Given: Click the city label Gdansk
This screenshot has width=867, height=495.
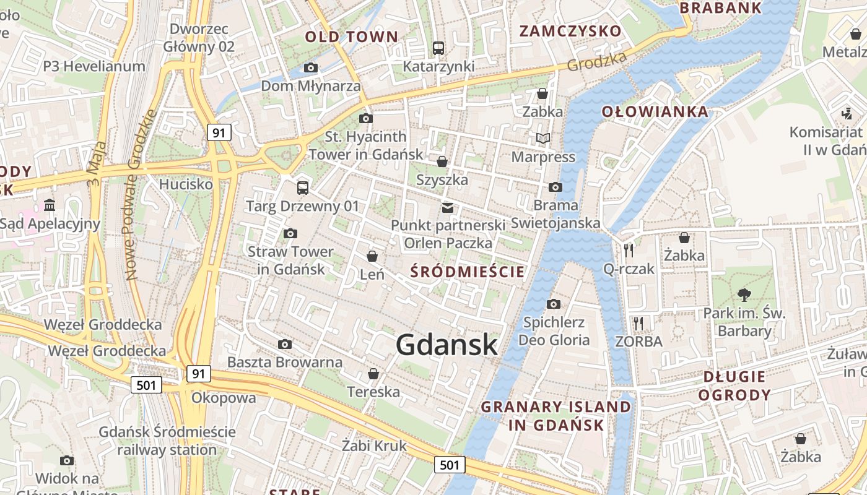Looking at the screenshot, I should tap(447, 345).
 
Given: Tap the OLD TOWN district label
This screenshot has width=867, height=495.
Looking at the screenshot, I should tap(351, 37).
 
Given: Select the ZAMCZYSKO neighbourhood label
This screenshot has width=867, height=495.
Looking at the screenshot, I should tap(570, 31).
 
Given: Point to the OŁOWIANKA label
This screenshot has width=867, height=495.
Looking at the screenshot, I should tap(655, 111).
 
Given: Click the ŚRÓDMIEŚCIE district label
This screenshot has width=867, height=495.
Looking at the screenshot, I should tap(468, 272).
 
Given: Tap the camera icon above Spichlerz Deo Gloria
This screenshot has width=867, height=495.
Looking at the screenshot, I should tap(554, 304).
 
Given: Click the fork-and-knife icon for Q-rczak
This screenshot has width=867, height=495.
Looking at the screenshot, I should tap(629, 250).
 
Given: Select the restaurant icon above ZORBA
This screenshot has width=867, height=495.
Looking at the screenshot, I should tap(638, 323).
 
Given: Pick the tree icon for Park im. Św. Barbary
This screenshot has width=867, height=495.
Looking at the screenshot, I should tap(744, 295).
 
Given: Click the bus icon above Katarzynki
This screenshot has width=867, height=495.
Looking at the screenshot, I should tap(438, 48).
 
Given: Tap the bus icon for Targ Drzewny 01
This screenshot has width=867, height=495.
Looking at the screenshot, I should tap(302, 187).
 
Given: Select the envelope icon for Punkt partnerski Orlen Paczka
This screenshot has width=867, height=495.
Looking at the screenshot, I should tap(447, 207).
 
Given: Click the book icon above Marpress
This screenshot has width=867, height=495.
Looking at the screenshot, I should tap(543, 139).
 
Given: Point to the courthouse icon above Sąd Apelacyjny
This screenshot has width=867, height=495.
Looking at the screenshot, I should tap(50, 205).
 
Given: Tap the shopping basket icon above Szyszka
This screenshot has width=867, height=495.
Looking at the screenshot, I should tap(442, 161).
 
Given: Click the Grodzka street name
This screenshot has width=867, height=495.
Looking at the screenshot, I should tap(596, 61).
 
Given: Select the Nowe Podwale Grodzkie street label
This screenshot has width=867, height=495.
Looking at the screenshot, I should tap(139, 195).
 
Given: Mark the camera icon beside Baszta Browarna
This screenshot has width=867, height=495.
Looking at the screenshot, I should tap(285, 344).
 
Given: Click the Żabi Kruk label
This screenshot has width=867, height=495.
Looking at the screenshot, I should tap(374, 445).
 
